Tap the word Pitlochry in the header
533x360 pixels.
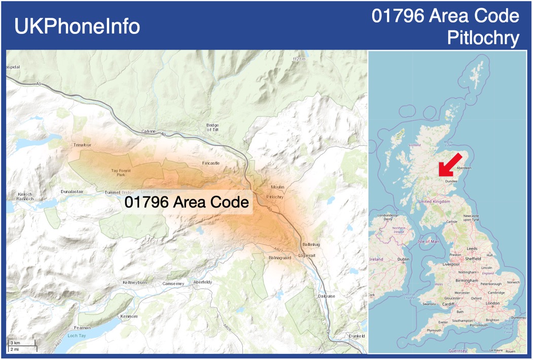(483, 38)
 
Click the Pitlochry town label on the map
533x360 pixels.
(274, 197)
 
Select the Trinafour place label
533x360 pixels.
(82, 145)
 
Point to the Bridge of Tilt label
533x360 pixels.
(212, 127)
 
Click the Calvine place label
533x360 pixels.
(149, 131)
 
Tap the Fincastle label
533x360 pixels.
(211, 163)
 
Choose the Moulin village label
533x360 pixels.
(277, 187)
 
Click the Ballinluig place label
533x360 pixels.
(311, 244)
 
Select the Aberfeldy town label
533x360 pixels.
(202, 282)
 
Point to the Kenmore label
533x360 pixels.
(129, 316)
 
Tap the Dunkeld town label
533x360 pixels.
(357, 336)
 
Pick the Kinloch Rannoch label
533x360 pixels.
(25, 197)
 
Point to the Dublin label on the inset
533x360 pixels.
(404, 260)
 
